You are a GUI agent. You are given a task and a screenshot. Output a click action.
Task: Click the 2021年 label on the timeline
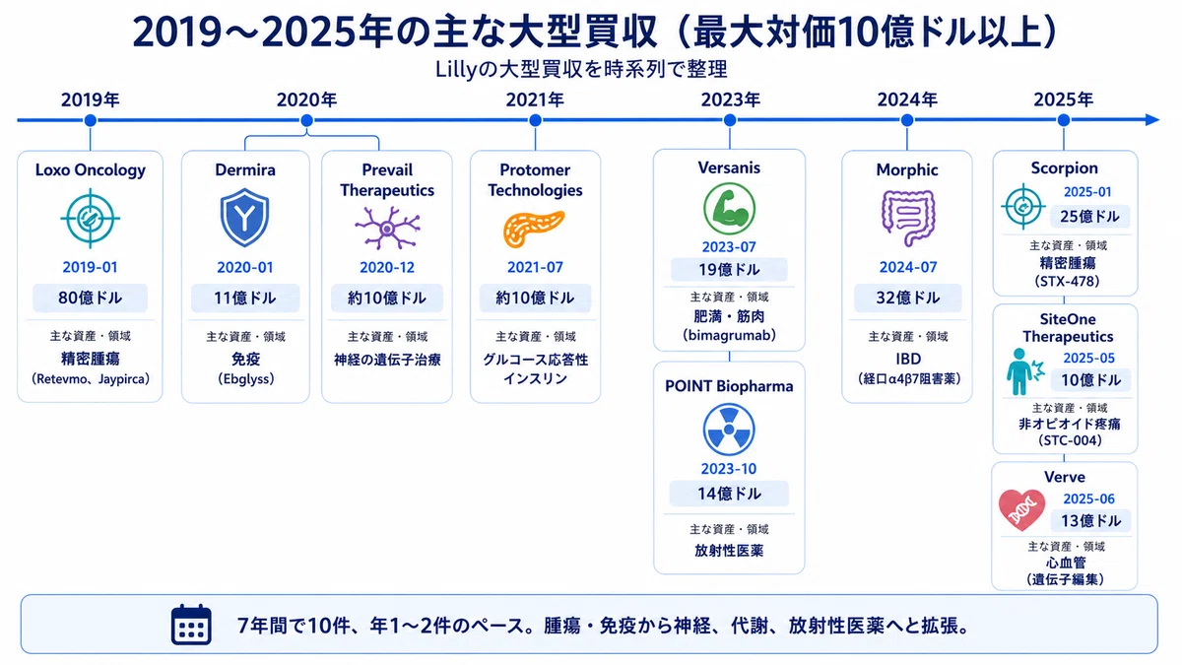535,100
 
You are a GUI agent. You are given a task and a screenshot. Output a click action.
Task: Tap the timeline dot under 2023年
730,120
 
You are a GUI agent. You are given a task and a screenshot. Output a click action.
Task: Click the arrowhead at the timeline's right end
1151,120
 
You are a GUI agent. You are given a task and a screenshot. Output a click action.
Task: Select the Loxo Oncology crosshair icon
91,219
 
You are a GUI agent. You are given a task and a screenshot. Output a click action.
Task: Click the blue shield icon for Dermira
244,217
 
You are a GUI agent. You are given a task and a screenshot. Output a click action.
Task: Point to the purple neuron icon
388,228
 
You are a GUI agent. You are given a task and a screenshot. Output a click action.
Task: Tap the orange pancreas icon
534,229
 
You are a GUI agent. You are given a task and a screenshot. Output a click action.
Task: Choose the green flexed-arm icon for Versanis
729,209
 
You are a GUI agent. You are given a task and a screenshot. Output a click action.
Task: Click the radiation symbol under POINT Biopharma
729,430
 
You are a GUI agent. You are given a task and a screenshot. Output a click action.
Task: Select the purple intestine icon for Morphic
907,219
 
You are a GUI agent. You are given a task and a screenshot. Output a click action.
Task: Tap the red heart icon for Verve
1021,510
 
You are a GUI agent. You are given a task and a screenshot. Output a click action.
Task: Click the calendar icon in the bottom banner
191,625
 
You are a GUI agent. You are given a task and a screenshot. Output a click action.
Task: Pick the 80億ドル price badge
91,299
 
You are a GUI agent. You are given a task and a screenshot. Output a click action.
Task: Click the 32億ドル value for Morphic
907,299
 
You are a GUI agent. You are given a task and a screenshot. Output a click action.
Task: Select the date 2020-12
387,268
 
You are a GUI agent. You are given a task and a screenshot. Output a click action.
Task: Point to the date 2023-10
729,469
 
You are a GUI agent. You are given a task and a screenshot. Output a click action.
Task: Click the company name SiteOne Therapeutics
1068,328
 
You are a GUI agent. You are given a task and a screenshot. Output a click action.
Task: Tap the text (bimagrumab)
729,335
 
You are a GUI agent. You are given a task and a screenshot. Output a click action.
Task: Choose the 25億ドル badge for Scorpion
1090,217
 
